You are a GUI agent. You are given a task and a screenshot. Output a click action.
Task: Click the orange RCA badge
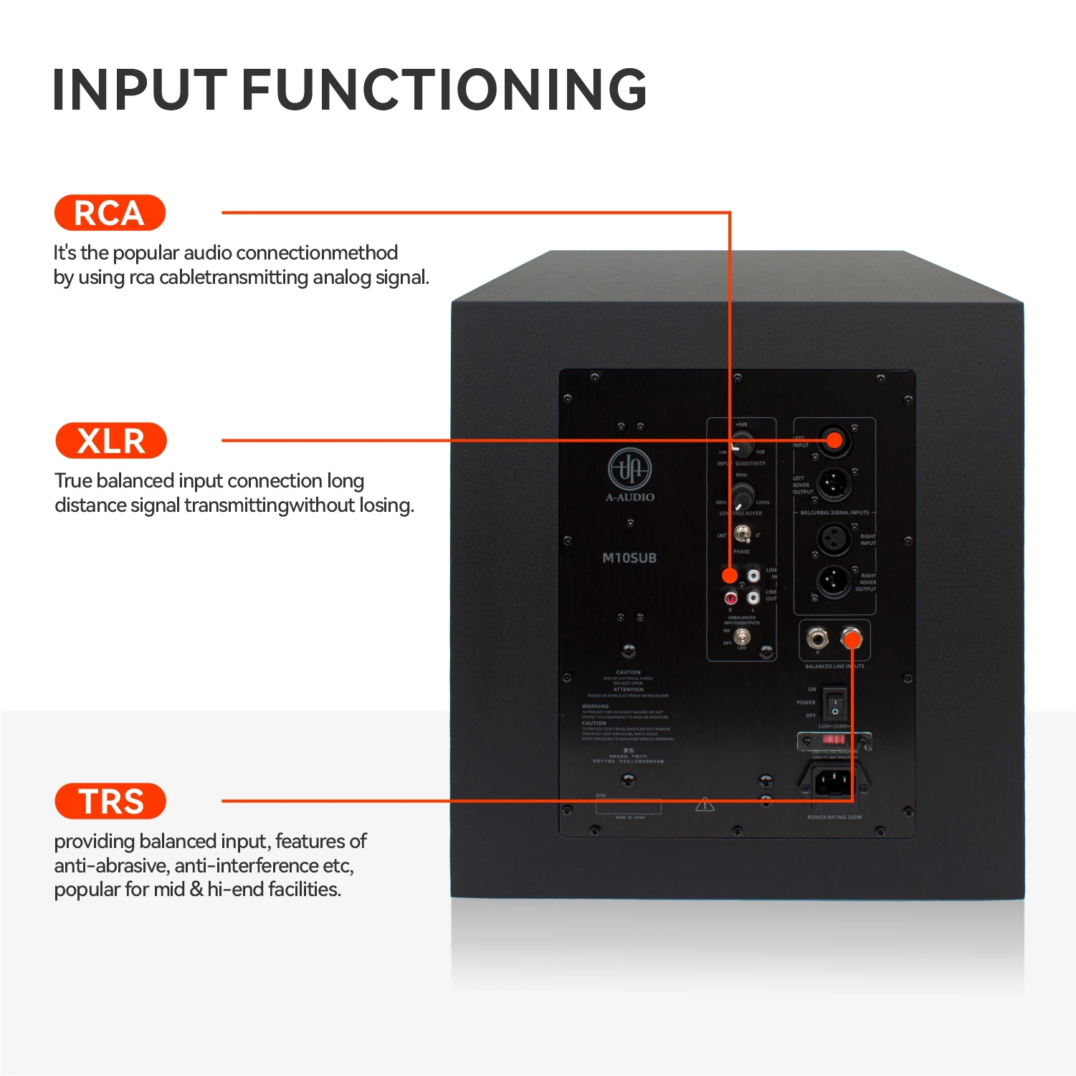pyautogui.click(x=110, y=213)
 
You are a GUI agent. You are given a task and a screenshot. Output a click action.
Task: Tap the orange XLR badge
pyautogui.click(x=110, y=441)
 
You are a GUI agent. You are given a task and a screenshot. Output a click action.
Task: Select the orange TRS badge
pyautogui.click(x=110, y=801)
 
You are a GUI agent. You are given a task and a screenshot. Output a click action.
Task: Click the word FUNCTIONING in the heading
pyautogui.click(x=444, y=90)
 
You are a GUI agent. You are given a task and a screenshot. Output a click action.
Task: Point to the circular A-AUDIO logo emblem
pyautogui.click(x=629, y=469)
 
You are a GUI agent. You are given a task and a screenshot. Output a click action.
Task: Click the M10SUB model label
pyautogui.click(x=629, y=558)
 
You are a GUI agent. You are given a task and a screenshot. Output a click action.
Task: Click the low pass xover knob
pyautogui.click(x=741, y=494)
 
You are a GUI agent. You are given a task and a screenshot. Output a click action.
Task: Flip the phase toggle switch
pyautogui.click(x=743, y=534)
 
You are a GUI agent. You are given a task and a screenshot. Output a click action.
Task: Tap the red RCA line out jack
pyautogui.click(x=730, y=597)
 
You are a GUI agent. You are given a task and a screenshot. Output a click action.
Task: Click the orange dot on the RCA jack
pyautogui.click(x=730, y=575)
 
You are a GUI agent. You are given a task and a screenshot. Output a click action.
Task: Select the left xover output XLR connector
pyautogui.click(x=834, y=485)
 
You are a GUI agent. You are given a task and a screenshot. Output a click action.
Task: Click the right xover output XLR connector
pyautogui.click(x=834, y=580)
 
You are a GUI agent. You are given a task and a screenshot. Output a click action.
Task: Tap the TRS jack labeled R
pyautogui.click(x=816, y=637)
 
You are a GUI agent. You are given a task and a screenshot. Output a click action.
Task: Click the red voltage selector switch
pyautogui.click(x=833, y=738)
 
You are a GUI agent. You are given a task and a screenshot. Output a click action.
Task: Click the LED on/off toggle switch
pyautogui.click(x=742, y=637)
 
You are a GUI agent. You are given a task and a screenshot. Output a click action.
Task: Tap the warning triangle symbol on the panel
pyautogui.click(x=705, y=804)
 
